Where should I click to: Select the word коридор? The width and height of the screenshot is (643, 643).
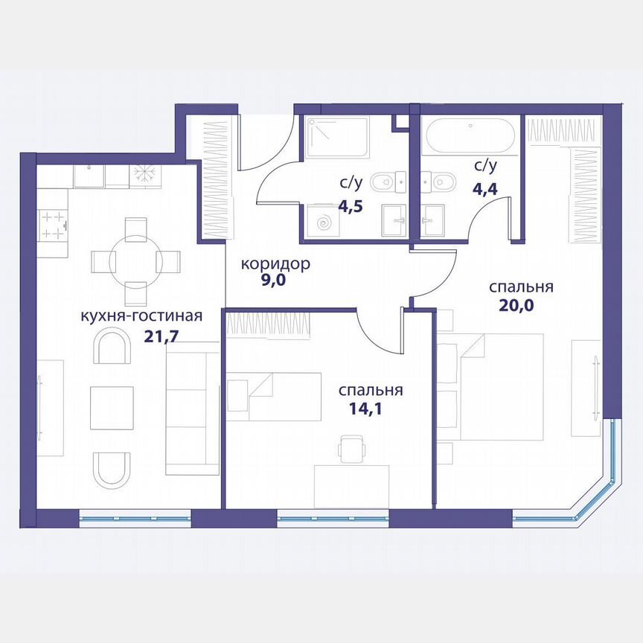pos(275,264)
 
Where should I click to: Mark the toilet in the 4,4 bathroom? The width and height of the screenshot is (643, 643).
pos(435,181)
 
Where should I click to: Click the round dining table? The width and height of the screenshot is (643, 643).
pos(135,261)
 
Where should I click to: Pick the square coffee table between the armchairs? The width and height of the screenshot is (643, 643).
pos(112,408)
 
